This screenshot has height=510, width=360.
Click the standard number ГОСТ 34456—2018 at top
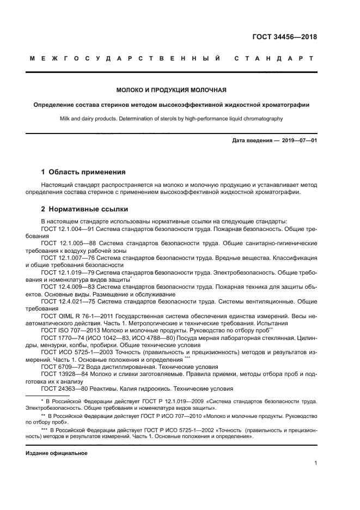(284, 38)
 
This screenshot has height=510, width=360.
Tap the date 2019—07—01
(299, 141)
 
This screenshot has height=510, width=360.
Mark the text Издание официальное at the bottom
(57, 453)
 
